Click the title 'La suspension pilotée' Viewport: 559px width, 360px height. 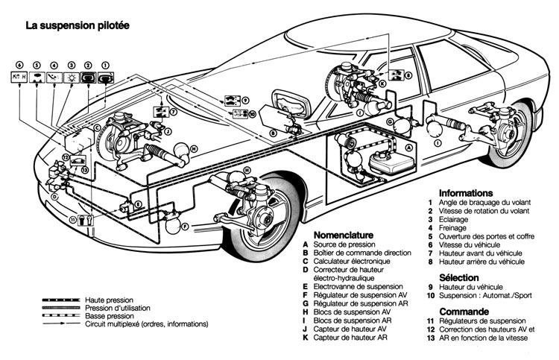[x=78, y=25]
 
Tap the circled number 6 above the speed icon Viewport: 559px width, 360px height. [x=20, y=65]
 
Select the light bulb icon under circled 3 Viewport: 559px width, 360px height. [x=72, y=77]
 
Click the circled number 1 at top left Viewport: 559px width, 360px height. [x=105, y=65]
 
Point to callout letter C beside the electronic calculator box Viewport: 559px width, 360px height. [x=98, y=127]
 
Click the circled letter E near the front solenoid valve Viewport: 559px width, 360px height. [x=138, y=203]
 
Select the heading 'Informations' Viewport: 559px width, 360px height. [x=466, y=192]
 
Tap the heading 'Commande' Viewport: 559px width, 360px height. [x=463, y=311]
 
